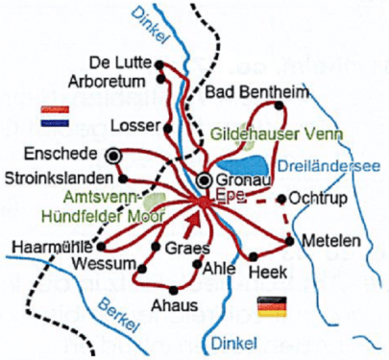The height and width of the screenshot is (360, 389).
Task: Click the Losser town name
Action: [x=130, y=125]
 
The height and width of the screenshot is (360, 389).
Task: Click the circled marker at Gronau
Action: [x=205, y=180]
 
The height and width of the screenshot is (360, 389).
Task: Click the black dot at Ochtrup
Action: [x=280, y=200]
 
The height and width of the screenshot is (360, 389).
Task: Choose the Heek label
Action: [x=265, y=274]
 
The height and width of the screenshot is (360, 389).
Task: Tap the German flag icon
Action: [x=273, y=306]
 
